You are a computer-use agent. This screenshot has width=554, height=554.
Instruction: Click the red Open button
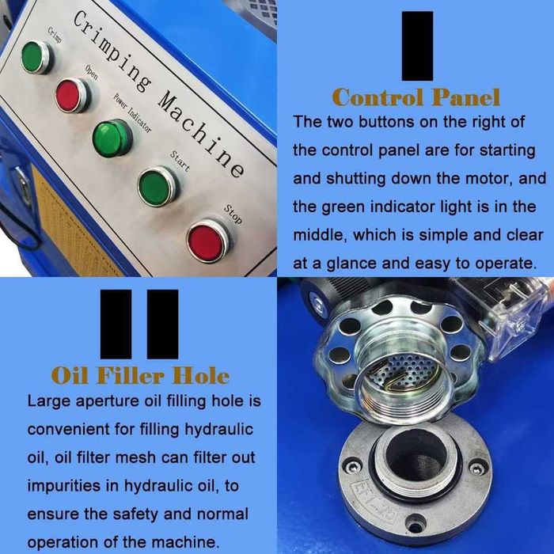click(x=73, y=95)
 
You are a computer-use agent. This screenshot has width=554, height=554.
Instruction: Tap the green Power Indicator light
click(x=112, y=138)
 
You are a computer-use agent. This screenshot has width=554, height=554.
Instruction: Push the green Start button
click(x=158, y=187)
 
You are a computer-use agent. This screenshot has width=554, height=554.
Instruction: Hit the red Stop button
click(x=207, y=241)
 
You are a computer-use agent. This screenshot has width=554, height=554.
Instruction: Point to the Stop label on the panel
click(x=233, y=214)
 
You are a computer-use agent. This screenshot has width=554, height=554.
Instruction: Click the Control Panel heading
click(x=416, y=97)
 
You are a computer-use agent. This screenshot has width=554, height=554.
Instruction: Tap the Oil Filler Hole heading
click(x=141, y=375)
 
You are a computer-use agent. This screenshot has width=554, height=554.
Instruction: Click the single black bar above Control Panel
click(x=417, y=46)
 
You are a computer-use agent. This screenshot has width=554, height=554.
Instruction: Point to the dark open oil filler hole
click(x=415, y=457)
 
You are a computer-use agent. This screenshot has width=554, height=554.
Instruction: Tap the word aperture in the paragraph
click(x=108, y=402)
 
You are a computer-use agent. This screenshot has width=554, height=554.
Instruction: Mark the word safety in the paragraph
click(x=135, y=514)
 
